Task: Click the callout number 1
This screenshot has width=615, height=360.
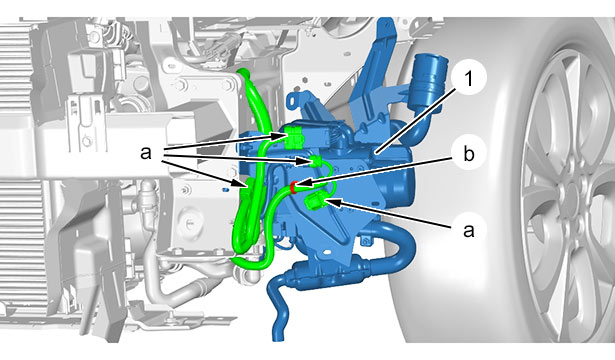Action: coord(469,79)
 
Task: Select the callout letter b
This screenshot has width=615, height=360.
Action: coord(468,154)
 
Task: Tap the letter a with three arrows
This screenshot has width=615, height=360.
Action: coord(146,153)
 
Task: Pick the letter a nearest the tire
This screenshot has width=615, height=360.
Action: coord(468,231)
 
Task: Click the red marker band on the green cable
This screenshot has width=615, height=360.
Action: coord(293,187)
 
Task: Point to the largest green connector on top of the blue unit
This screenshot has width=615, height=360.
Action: coord(292,137)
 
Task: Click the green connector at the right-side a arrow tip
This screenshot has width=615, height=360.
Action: coord(313,202)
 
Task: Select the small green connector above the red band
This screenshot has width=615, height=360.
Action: coord(316,161)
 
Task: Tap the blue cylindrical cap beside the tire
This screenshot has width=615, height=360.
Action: coord(429,80)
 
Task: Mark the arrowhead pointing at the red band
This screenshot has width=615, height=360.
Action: coord(302,184)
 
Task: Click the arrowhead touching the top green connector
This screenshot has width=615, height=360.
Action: coord(278,136)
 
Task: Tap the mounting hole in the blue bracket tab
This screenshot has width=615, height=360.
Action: coord(291,101)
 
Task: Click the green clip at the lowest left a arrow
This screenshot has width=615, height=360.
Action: coord(249,184)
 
